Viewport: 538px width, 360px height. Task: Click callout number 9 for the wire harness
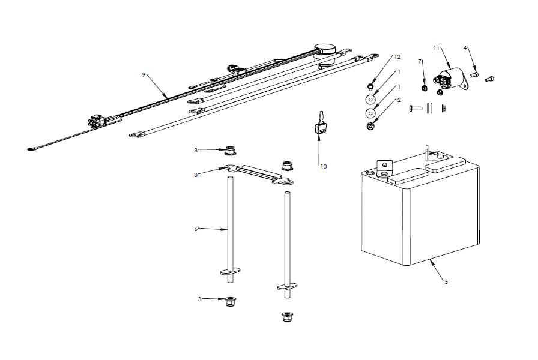[144, 74]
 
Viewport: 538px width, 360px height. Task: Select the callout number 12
[397, 56]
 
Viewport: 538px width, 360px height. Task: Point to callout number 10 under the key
[324, 166]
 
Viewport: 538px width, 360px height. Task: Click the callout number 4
[465, 47]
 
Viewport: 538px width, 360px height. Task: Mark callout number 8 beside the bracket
[195, 175]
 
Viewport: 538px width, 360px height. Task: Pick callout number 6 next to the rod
[196, 229]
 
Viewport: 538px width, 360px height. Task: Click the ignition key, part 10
[321, 124]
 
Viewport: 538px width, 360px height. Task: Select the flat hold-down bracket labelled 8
[258, 175]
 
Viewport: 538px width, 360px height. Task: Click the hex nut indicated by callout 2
[370, 126]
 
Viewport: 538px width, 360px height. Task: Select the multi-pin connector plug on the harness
[97, 121]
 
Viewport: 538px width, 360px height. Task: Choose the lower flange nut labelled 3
[229, 301]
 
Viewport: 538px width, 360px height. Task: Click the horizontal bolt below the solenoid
[417, 108]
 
